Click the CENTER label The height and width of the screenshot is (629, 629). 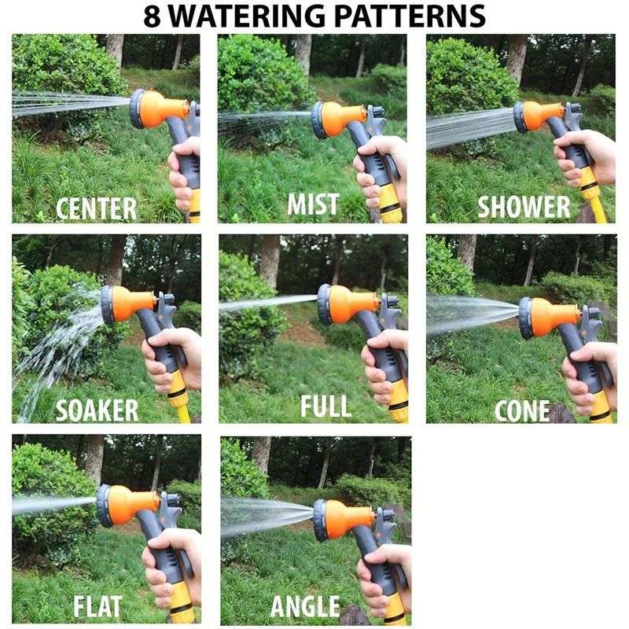tap(96, 208)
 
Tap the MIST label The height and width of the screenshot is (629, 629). tap(313, 204)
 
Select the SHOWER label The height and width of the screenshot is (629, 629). tap(524, 207)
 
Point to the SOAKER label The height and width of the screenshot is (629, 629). tap(97, 410)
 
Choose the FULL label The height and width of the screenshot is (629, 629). tap(325, 406)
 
